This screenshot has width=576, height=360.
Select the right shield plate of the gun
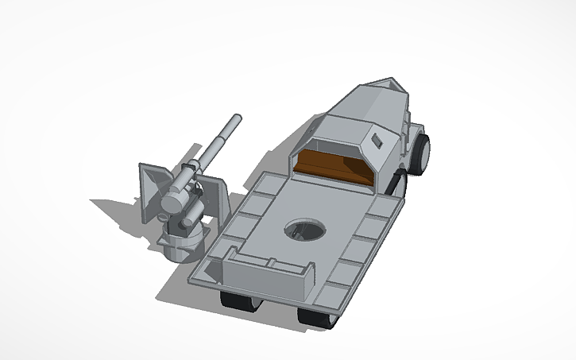coord(215,195)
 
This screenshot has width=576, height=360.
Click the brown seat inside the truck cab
coord(334,169)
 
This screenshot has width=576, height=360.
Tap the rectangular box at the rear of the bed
coord(270,271)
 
